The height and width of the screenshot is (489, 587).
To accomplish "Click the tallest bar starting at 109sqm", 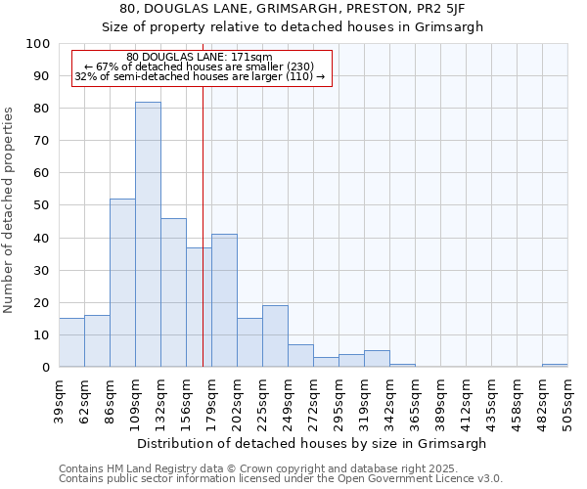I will [x=148, y=235].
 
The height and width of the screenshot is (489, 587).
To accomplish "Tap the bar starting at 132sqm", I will [x=173, y=292].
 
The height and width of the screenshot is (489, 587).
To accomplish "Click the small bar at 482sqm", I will [x=555, y=365].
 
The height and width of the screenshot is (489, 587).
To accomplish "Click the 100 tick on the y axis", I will [x=38, y=44].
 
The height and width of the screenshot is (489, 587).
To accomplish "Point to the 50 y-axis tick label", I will [x=41, y=205].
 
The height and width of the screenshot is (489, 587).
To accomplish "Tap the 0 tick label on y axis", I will [x=45, y=368].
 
